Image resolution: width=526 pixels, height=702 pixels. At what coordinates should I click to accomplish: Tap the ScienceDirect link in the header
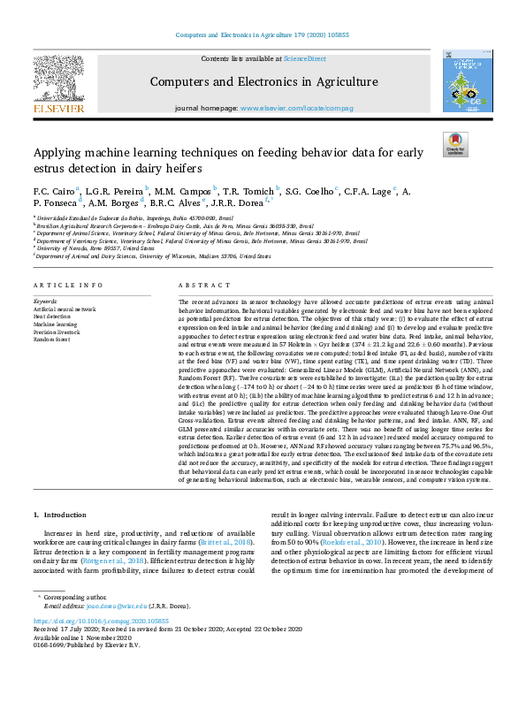303,57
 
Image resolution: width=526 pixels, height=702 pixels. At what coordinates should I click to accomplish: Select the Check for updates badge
455,144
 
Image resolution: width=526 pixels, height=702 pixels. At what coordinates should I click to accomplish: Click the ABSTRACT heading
198,286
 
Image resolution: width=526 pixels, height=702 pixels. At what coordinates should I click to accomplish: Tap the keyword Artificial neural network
64,309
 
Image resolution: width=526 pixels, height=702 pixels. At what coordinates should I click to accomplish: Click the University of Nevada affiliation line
88,249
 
